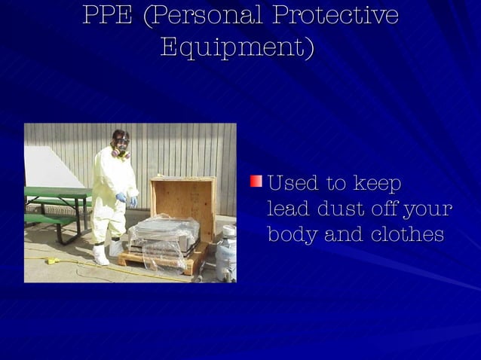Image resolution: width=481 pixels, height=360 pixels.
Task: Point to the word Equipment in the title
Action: tap(237, 47)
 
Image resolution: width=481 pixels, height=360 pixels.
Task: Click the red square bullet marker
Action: tap(256, 182)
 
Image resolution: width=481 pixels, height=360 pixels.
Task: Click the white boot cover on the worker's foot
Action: tap(100, 255)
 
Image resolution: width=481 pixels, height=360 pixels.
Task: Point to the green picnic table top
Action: tap(57, 193)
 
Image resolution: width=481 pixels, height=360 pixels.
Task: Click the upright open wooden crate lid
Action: tap(183, 197)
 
